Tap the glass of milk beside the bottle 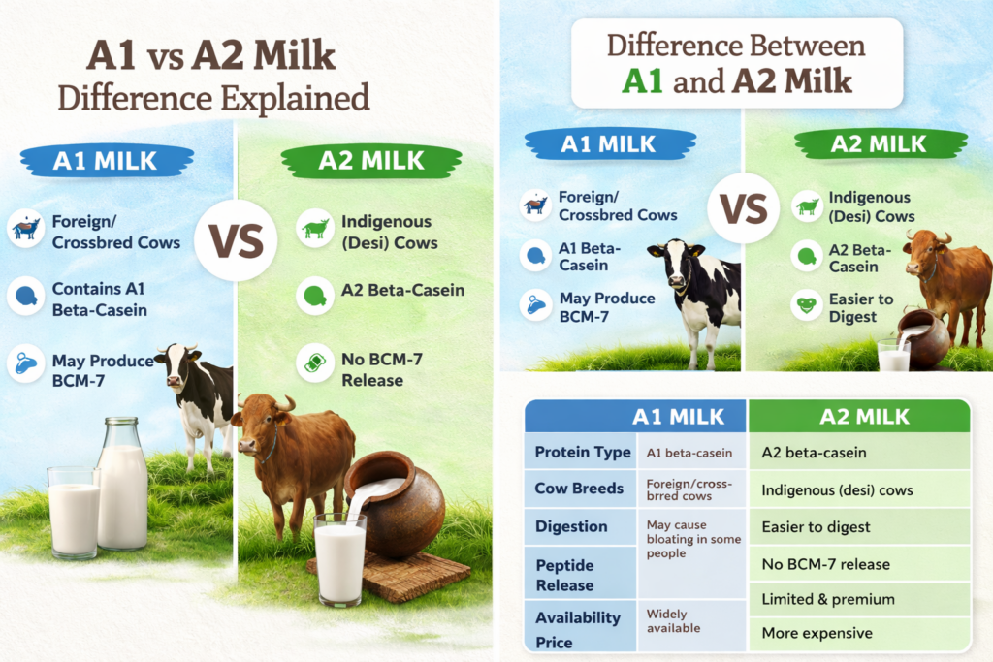pos(74,513)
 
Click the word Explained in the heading pos(295,99)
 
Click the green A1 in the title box pos(642,81)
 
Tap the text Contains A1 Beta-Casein pos(100,299)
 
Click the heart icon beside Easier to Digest pos(806,306)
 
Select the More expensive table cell pos(817,634)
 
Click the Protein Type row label pos(583,452)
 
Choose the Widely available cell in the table pos(673,621)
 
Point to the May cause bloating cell pos(693,539)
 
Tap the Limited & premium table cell pos(828,599)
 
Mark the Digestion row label pos(571,526)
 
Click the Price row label pos(554,643)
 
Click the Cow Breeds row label pos(579,489)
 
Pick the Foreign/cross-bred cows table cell pos(689,489)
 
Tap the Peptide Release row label pos(565,576)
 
